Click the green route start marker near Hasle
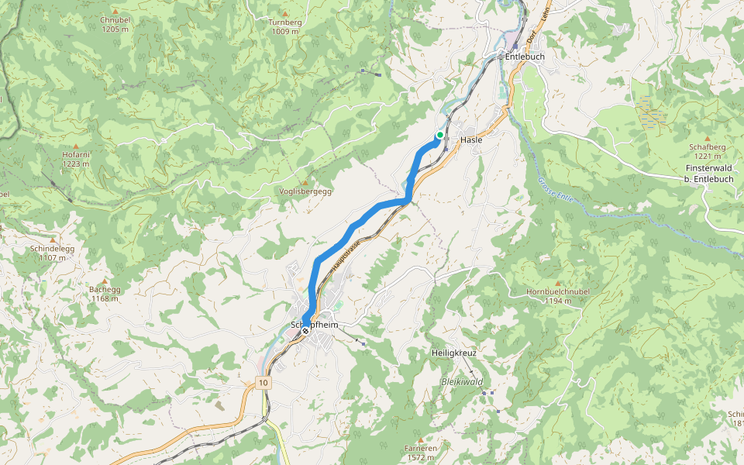439,135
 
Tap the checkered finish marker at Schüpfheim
305,330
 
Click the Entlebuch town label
525,57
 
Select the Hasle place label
471,140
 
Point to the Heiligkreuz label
453,353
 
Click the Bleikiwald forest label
462,382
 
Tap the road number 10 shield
264,384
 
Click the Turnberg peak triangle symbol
285,14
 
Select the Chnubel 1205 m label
115,24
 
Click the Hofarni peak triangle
76,146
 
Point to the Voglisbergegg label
305,191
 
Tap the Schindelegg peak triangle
53,239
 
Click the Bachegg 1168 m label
105,294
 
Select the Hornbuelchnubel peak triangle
558,283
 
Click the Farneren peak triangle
421,439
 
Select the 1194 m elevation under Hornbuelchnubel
558,301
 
